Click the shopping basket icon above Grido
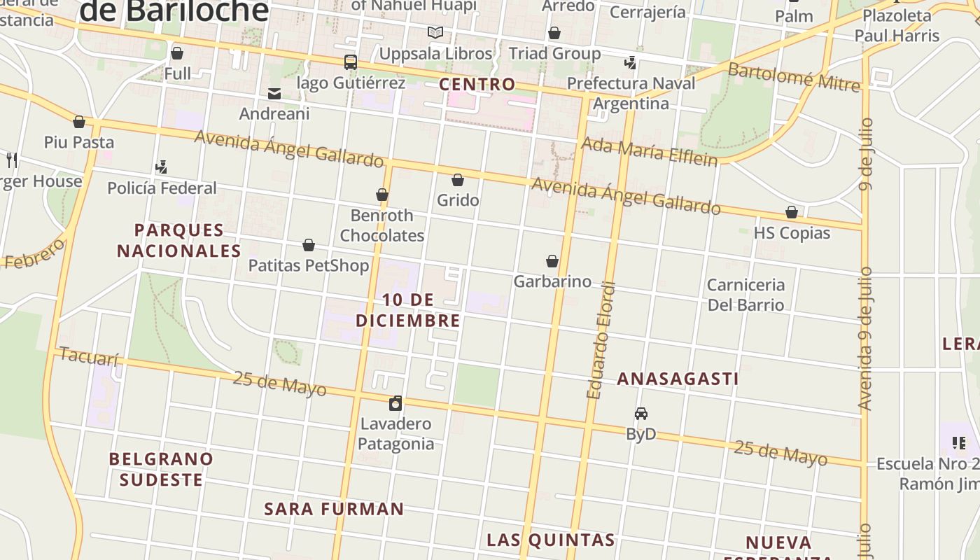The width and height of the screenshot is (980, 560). [458, 181]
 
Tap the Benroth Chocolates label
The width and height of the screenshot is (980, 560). [382, 225]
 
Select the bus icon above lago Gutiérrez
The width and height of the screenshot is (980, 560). [351, 62]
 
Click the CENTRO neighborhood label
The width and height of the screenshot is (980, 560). [477, 85]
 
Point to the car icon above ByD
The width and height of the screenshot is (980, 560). [641, 414]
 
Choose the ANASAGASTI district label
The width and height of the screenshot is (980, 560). [678, 379]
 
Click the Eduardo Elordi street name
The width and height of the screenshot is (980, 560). [603, 341]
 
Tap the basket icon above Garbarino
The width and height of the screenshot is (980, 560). [552, 262]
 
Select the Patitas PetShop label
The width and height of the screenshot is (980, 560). [309, 266]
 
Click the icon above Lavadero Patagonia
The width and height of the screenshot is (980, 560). [395, 403]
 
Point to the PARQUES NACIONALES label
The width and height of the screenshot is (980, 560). [179, 240]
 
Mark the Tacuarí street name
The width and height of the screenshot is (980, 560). [89, 357]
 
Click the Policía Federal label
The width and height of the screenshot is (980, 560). [162, 188]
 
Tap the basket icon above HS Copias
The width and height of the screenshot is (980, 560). [792, 213]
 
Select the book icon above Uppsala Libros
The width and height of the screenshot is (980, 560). [435, 32]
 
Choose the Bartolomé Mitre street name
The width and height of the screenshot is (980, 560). [794, 77]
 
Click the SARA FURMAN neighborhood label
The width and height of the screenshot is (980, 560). [334, 509]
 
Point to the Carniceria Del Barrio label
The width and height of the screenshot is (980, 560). [745, 295]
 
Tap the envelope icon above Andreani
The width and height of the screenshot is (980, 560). [274, 94]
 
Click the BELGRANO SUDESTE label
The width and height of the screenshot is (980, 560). [161, 470]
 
